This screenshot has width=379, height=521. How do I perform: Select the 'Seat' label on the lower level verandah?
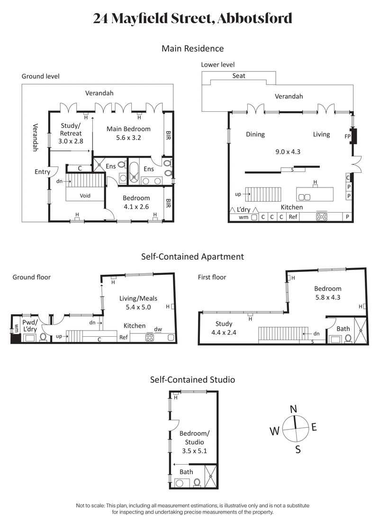pos(239,76)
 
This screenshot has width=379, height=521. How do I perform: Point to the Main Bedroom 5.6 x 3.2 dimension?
pos(128,138)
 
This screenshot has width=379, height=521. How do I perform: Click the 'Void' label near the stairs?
pos(85,195)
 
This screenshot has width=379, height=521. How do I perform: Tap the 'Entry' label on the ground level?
pos(42,171)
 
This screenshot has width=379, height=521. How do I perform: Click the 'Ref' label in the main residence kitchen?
pos(293,217)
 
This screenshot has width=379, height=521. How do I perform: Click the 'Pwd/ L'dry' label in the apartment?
pos(29,325)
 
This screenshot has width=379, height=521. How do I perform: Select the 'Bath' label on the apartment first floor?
pos(343,328)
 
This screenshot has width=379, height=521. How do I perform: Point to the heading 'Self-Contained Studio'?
pos(192,379)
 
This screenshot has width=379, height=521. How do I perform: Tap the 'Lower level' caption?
pos(217,64)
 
